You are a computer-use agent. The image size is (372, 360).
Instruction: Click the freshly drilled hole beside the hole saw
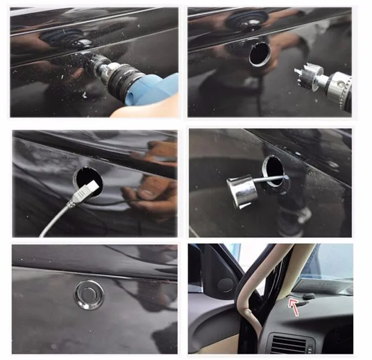[260, 54]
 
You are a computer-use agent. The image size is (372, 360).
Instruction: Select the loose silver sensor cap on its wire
[241, 192]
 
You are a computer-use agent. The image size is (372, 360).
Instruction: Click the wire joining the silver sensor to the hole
[270, 179]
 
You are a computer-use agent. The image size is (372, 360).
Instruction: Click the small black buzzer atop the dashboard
[309, 296]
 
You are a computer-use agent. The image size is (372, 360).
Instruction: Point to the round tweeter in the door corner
[225, 285]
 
